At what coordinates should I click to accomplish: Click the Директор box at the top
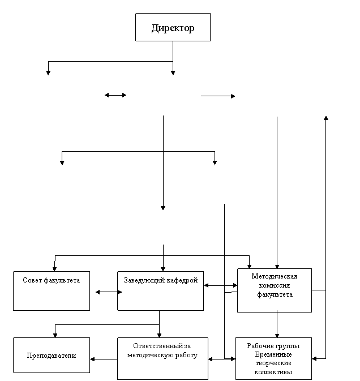coord(173,27)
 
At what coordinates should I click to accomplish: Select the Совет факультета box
coord(52,291)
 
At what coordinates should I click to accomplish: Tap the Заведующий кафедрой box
coord(160,291)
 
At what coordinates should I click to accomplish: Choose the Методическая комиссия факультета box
coord(275,290)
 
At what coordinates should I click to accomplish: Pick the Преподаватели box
coord(52,355)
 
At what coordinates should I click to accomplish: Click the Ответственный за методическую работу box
coord(162,358)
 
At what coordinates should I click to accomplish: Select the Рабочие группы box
coord(273,358)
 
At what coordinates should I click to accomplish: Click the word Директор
coord(173,28)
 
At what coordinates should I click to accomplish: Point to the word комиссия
coord(275,285)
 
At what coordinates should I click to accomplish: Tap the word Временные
coord(273,354)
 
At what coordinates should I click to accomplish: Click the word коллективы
coord(273,372)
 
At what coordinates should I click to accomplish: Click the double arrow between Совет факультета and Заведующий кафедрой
coord(109,292)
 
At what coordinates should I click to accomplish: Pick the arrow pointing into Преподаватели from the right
coord(104,359)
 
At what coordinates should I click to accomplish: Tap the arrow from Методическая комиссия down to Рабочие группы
coord(277,324)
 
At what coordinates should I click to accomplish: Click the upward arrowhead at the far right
coord(326,118)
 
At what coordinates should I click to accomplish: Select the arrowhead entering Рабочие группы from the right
coord(314,359)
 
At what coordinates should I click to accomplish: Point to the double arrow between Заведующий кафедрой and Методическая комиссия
coord(221,285)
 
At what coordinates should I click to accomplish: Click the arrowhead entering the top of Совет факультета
coord(54,269)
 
